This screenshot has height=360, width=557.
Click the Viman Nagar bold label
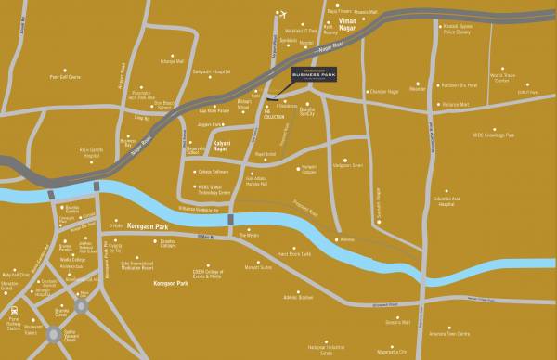click(x=348, y=20)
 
